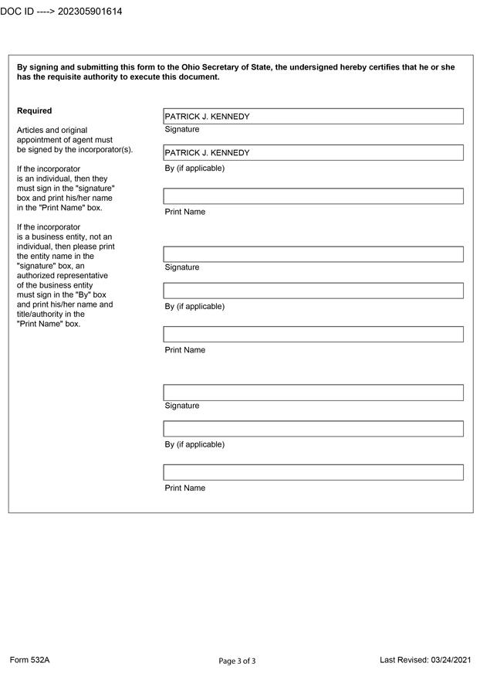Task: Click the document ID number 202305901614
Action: [x=90, y=12]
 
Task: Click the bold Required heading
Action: [x=35, y=111]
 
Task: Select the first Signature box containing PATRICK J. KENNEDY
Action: [x=313, y=117]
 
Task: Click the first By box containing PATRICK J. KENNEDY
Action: [x=313, y=153]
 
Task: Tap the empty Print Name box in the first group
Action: [x=313, y=196]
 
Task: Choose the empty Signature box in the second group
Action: [x=313, y=254]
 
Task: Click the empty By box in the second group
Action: [x=313, y=291]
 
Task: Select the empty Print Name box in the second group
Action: [x=313, y=335]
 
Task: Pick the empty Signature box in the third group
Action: [x=313, y=393]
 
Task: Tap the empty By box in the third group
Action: [x=313, y=429]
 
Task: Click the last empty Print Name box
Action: [x=313, y=472]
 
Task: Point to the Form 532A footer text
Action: [x=29, y=660]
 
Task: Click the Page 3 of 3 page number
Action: [x=237, y=661]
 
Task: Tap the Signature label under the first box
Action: [x=182, y=130]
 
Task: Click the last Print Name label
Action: [x=185, y=488]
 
